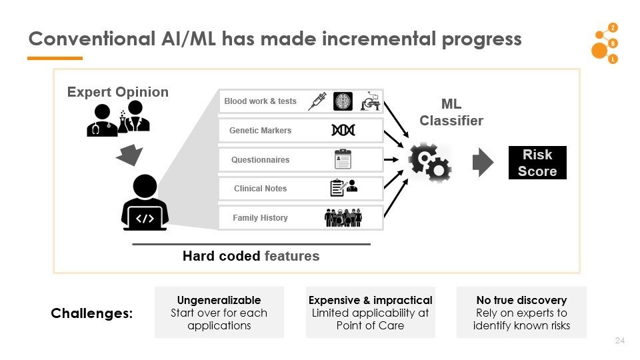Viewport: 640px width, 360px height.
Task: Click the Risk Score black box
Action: tap(537, 163)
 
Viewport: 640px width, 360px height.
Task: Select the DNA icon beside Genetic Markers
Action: tap(343, 131)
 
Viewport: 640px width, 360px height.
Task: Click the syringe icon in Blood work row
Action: tap(317, 101)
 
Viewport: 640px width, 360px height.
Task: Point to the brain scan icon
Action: tap(343, 101)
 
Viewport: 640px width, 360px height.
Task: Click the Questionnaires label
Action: tap(260, 160)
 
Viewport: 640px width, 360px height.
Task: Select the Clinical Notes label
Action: tap(260, 189)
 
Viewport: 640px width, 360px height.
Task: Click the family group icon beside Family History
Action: tap(343, 217)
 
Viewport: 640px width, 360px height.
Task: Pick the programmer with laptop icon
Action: tap(145, 203)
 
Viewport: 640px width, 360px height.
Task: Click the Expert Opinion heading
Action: tap(118, 92)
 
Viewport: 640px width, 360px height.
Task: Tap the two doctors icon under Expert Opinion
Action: tap(118, 119)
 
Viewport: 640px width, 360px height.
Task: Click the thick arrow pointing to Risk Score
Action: tap(483, 163)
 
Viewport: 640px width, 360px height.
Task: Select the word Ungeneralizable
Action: tap(219, 300)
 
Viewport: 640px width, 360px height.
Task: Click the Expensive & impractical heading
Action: tap(370, 300)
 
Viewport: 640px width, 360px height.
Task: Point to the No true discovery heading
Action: tap(521, 300)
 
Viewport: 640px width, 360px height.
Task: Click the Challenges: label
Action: tap(92, 313)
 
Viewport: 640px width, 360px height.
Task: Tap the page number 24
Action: tap(620, 341)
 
